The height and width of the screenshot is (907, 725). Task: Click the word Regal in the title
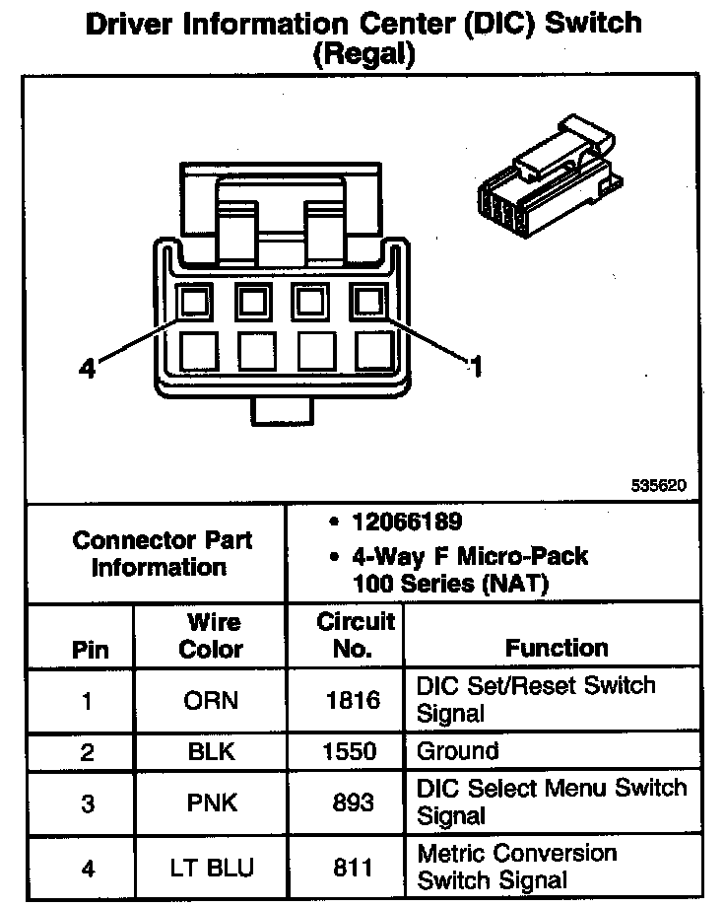(x=362, y=54)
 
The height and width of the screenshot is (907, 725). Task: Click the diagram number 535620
(x=659, y=486)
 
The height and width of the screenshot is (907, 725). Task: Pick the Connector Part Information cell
(x=162, y=554)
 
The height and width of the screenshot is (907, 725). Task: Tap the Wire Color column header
(x=214, y=636)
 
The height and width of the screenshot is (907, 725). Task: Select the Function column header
(x=557, y=648)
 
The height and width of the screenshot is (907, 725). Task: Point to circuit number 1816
(x=353, y=702)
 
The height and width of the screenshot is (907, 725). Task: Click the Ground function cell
(x=458, y=751)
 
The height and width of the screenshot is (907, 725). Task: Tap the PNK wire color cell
(x=212, y=803)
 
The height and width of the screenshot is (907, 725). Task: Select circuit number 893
(x=354, y=803)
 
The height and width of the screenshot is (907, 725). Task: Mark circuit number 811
(x=354, y=868)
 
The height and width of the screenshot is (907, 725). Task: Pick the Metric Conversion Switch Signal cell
(x=517, y=866)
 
